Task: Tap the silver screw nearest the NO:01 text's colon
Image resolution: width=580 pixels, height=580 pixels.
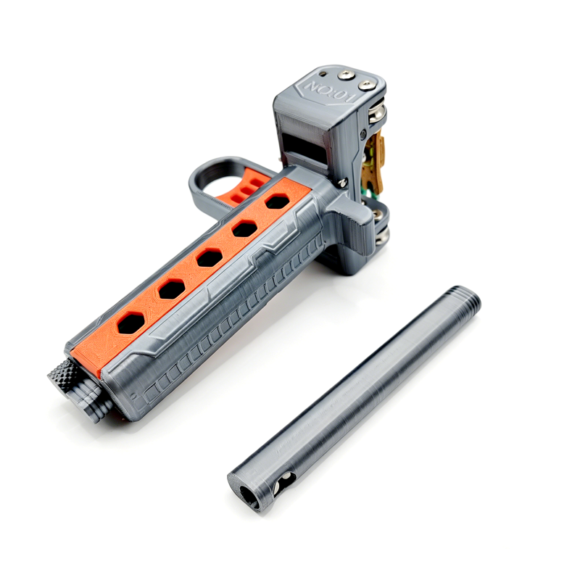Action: click(x=347, y=75)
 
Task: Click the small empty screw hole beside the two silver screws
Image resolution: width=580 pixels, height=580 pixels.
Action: click(x=323, y=73)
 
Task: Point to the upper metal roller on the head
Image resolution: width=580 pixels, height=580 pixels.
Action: click(x=376, y=113)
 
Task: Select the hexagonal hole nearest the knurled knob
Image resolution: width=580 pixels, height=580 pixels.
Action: click(x=131, y=323)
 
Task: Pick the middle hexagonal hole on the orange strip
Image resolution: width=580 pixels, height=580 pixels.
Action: click(x=210, y=257)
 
